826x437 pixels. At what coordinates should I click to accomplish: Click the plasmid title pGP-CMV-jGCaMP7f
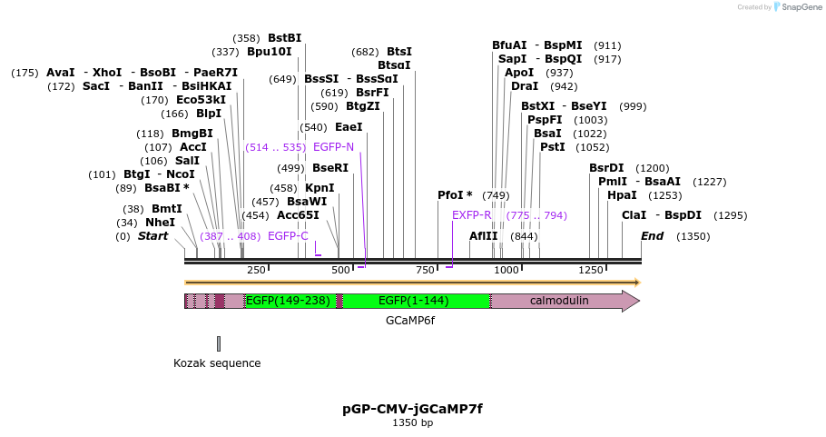(412, 409)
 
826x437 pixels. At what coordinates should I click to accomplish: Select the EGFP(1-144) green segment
(414, 301)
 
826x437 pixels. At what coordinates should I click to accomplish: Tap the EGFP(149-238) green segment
(288, 301)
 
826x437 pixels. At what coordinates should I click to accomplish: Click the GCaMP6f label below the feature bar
(410, 321)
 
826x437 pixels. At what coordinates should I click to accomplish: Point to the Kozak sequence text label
(217, 363)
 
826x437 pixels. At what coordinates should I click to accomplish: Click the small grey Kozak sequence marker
(219, 343)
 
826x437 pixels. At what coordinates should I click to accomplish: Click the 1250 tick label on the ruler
(591, 270)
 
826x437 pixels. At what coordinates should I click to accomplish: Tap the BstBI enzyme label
(284, 38)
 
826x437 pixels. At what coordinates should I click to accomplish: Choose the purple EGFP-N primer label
(333, 146)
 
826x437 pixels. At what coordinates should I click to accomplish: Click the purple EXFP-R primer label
(471, 215)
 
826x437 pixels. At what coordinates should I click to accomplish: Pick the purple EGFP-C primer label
(288, 236)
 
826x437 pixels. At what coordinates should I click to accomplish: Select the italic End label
(652, 236)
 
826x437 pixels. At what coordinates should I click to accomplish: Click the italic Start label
(152, 236)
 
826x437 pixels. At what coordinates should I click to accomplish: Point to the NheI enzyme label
(161, 223)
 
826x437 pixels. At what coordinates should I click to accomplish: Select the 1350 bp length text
(412, 423)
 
